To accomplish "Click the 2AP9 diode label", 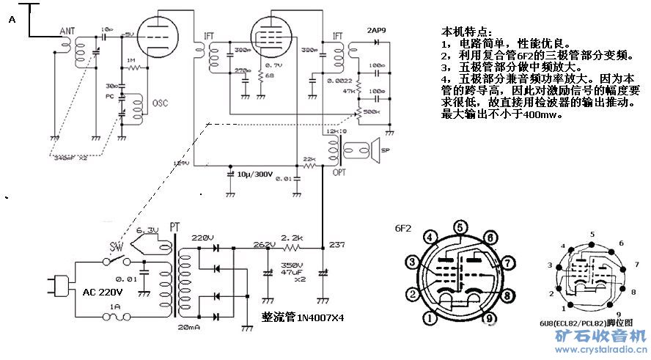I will click(378, 31).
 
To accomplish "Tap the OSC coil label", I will click(160, 103).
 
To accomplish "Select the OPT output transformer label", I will click(340, 172).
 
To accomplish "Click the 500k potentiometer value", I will click(371, 111).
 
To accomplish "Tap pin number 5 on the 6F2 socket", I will click(459, 227).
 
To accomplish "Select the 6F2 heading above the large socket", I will click(403, 228).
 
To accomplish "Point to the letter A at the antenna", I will click(11, 20).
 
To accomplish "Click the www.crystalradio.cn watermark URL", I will click(593, 350).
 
